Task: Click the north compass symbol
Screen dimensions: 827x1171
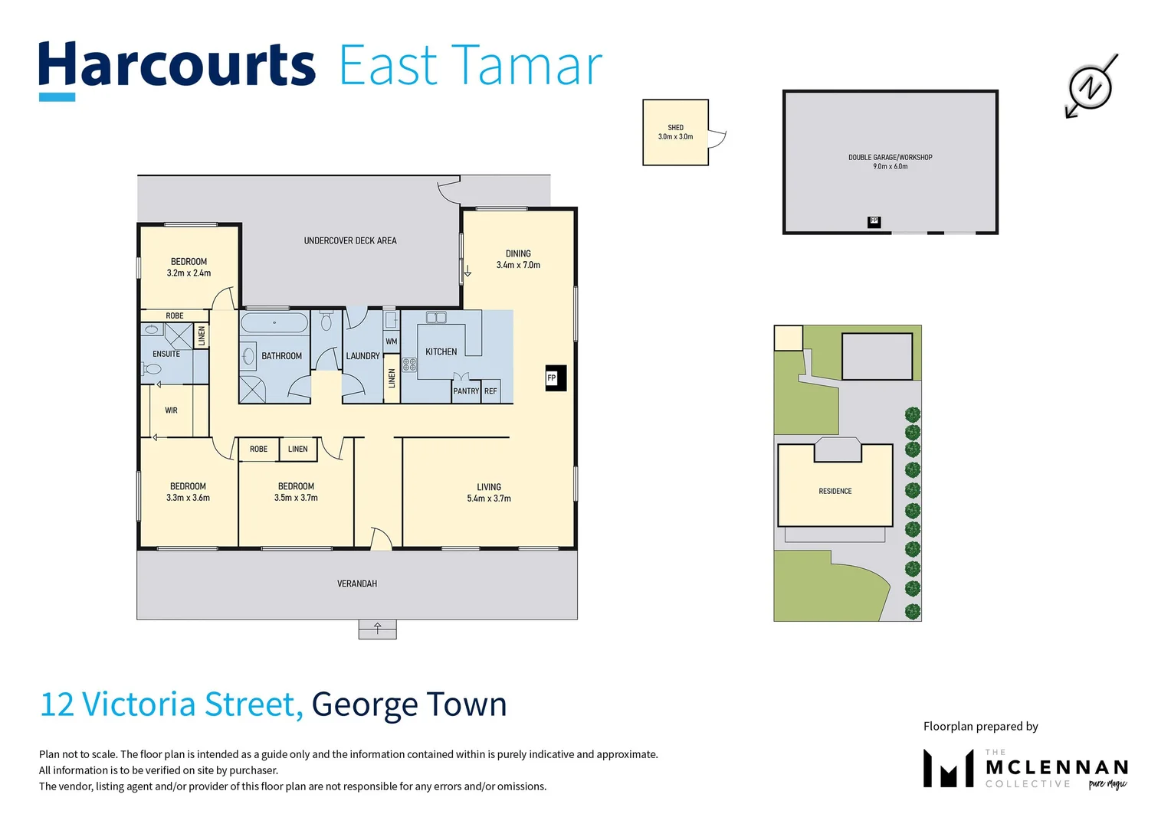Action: coord(1091,87)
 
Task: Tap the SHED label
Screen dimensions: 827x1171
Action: coord(675,128)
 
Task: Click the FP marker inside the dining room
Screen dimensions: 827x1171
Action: coord(552,378)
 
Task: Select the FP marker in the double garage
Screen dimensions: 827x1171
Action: coord(874,221)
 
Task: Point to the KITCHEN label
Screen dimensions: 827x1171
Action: coord(441,351)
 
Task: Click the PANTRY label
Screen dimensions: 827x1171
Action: coord(465,391)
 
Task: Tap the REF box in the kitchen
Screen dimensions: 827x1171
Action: coord(490,391)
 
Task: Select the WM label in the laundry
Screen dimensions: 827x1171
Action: coord(391,342)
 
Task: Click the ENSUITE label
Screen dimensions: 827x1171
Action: coord(166,354)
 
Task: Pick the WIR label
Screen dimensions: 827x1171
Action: coord(171,410)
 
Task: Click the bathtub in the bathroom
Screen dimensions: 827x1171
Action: coord(274,322)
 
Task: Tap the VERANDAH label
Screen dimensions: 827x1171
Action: coord(357,583)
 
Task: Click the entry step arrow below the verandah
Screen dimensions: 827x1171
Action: coord(378,629)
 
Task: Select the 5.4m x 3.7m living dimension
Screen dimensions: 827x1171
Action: coord(489,498)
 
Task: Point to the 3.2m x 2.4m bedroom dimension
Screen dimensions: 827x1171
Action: coord(189,273)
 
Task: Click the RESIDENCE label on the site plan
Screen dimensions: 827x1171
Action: coord(835,491)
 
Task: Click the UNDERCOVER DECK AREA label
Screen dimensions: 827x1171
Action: coord(350,240)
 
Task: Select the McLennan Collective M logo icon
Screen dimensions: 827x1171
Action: coord(948,768)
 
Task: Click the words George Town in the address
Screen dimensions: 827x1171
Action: coord(409,704)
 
